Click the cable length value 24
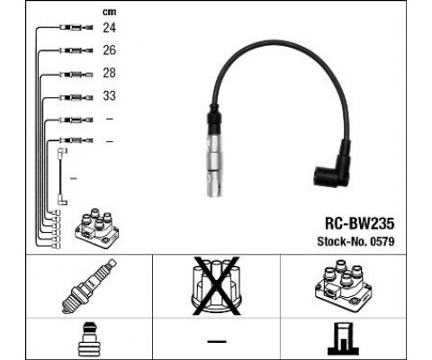click(x=109, y=28)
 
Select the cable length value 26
click(x=109, y=50)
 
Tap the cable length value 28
click(x=109, y=73)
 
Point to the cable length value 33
click(x=109, y=95)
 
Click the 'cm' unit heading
click(x=109, y=12)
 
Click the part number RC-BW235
click(x=359, y=223)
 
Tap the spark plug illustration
click(x=89, y=286)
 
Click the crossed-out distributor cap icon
click(x=216, y=285)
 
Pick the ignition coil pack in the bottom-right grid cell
click(x=343, y=285)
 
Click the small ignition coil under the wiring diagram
click(x=96, y=228)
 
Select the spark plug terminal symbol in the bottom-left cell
click(x=89, y=339)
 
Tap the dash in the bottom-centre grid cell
click(x=217, y=341)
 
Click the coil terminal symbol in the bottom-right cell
click(x=343, y=339)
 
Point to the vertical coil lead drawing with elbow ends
click(x=61, y=176)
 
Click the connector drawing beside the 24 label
click(x=76, y=28)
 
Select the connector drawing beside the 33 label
click(x=76, y=97)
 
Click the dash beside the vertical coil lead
click(x=74, y=178)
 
